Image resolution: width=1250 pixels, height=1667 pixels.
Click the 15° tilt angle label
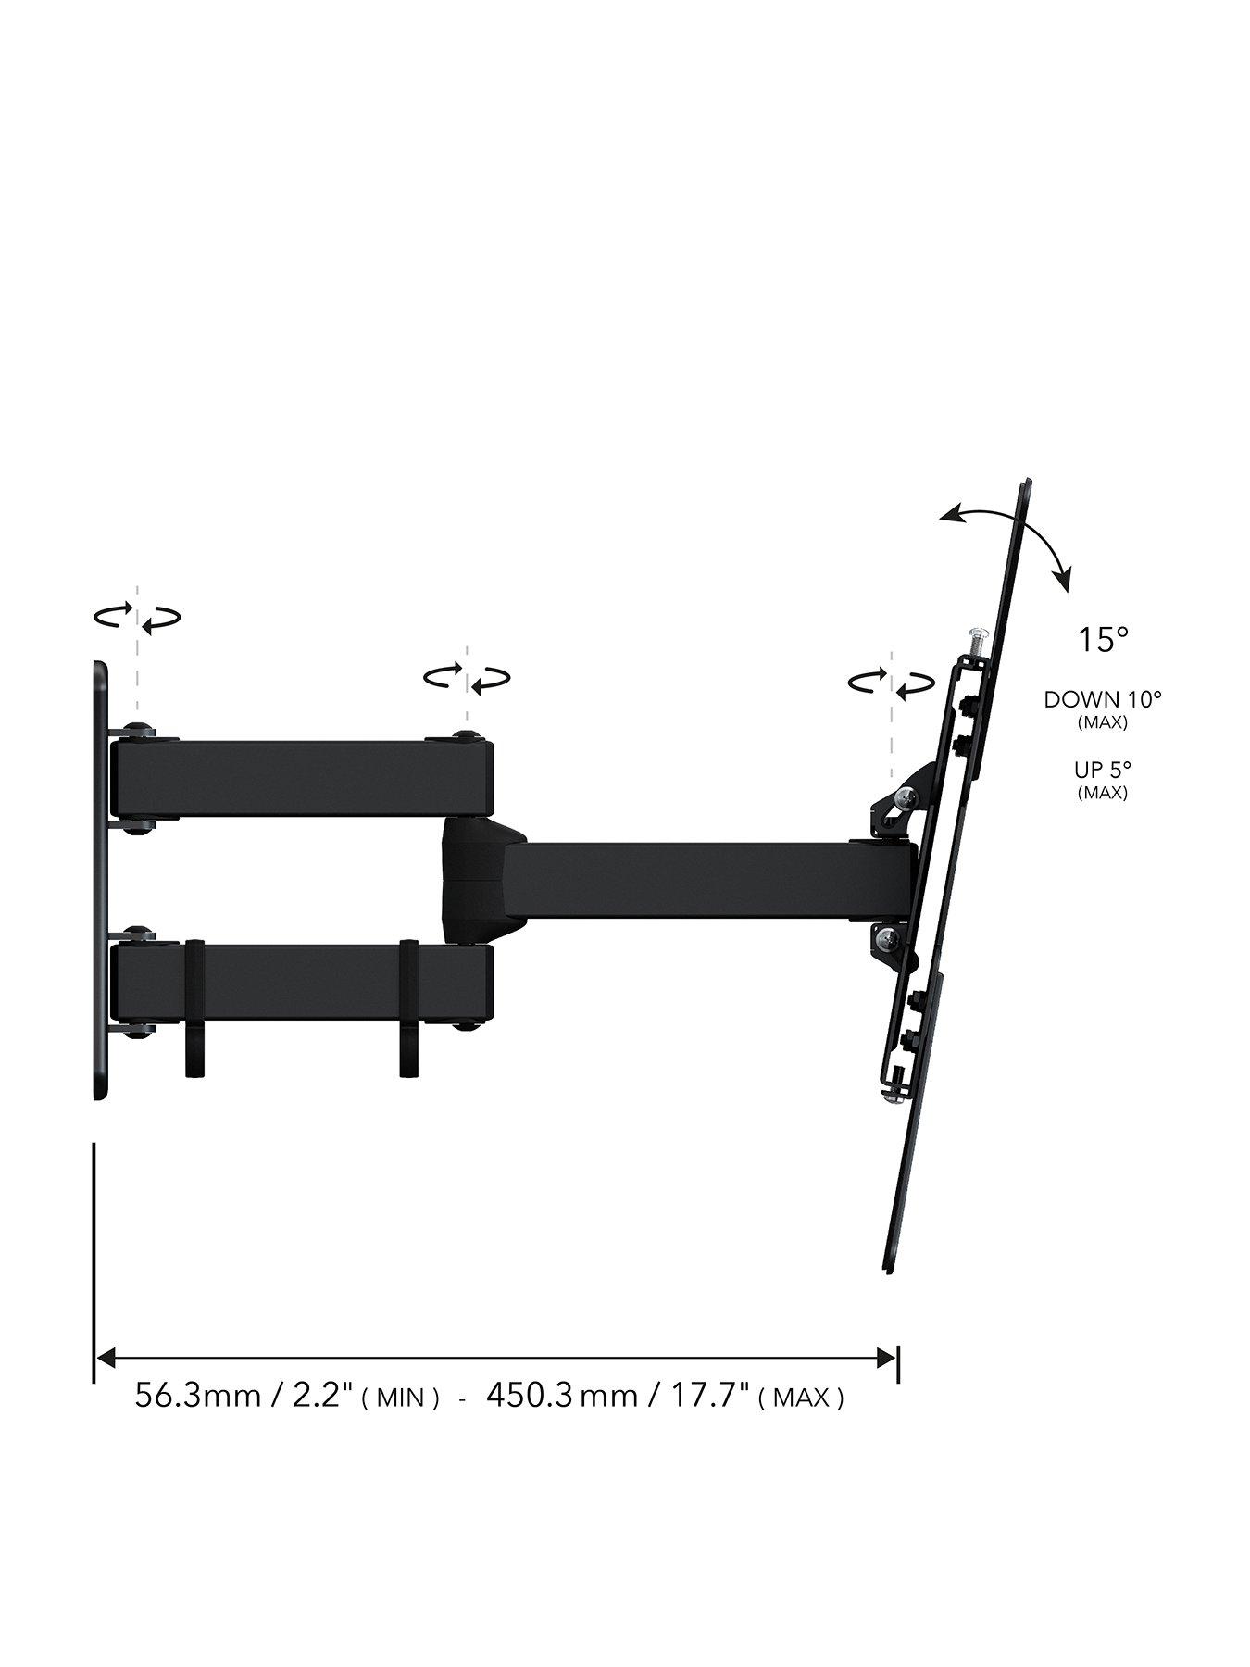[1102, 640]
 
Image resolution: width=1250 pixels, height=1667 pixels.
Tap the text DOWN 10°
[1102, 699]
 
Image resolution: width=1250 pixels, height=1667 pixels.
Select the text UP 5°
[1102, 770]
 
